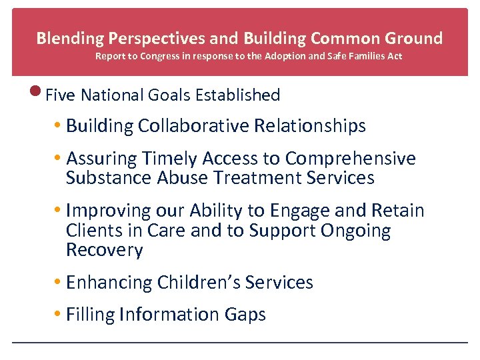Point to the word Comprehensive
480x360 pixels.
(350, 159)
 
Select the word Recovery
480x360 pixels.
(105, 251)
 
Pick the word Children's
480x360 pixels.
(199, 283)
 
